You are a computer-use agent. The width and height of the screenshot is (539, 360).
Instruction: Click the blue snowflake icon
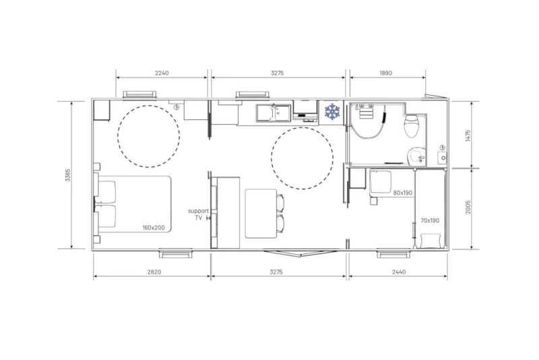pyautogui.click(x=331, y=111)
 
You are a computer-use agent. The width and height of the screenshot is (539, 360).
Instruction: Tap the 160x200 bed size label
pyautogui.click(x=154, y=228)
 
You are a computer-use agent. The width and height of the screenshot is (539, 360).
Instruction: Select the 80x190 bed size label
pyautogui.click(x=403, y=193)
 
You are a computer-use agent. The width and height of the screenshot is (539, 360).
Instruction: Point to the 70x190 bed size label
pyautogui.click(x=430, y=220)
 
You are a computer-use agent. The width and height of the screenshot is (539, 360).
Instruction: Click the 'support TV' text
pyautogui.click(x=198, y=214)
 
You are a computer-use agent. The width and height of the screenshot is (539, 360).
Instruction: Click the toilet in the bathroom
pyautogui.click(x=411, y=123)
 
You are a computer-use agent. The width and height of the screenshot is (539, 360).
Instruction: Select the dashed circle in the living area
pyautogui.click(x=302, y=158)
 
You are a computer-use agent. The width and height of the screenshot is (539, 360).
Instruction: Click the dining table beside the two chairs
pyautogui.click(x=261, y=213)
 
